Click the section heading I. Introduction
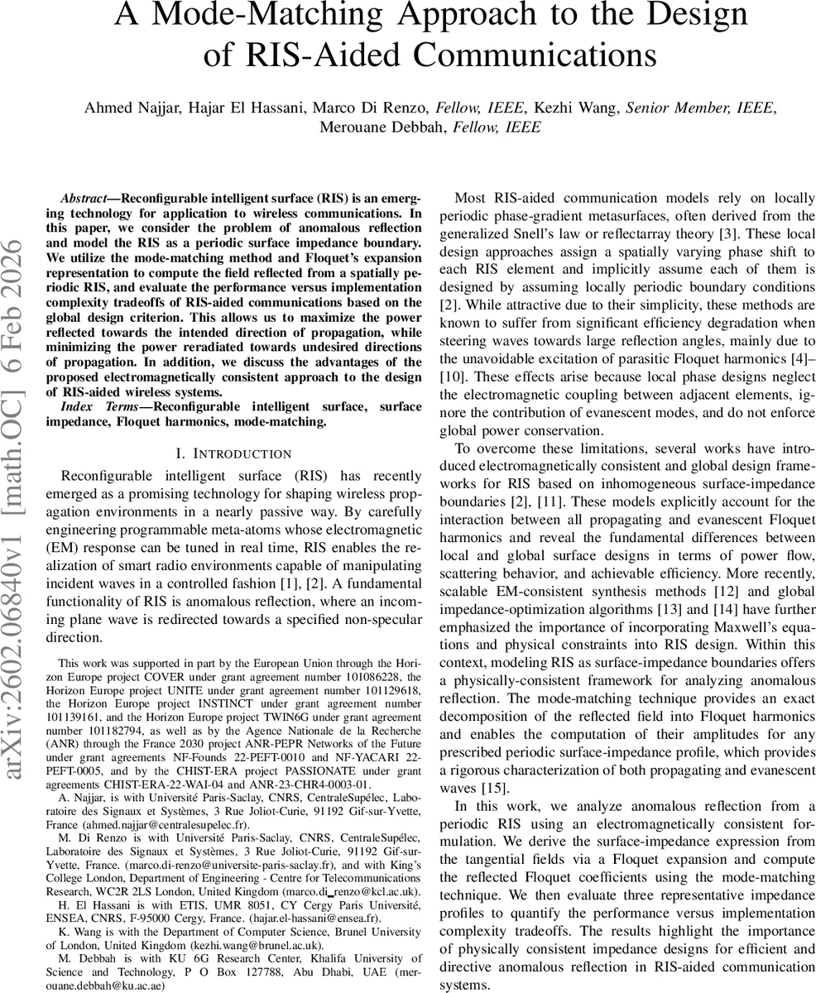pyautogui.click(x=234, y=453)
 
